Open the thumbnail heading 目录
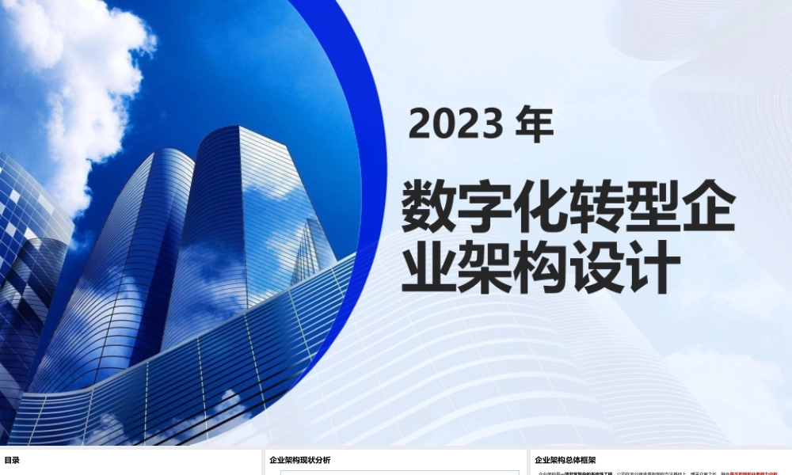[12, 460]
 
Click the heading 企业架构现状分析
[300, 460]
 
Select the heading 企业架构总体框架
[565, 460]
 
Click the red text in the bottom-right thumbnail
[760, 473]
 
